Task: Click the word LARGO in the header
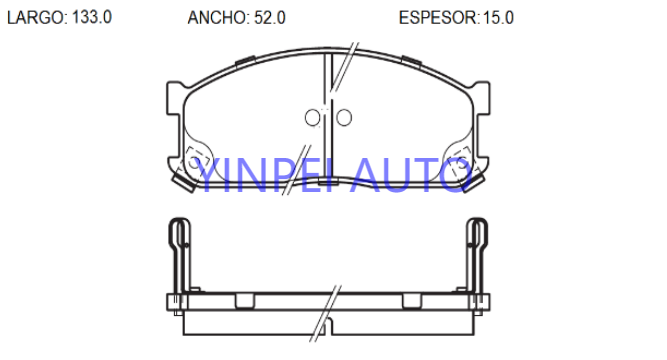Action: [x=35, y=17]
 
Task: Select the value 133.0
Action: [x=92, y=17]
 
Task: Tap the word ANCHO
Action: [x=217, y=18]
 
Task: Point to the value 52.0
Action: [x=270, y=18]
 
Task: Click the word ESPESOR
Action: [x=438, y=18]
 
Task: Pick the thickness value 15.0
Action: [x=498, y=18]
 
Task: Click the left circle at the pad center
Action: [x=313, y=117]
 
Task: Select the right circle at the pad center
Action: [x=344, y=117]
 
